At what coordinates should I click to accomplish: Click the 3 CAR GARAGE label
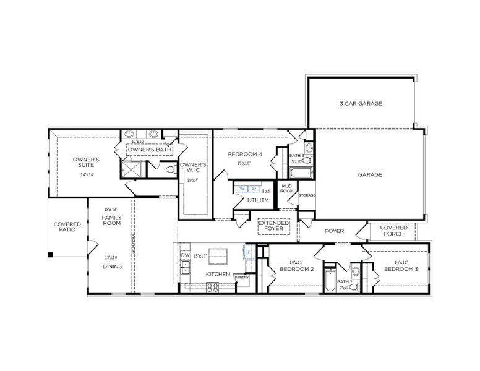(361, 104)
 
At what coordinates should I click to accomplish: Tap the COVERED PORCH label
(393, 231)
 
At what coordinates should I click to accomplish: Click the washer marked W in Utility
(243, 187)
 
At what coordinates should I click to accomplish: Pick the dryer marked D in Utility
(254, 187)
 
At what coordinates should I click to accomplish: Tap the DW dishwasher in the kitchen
(185, 255)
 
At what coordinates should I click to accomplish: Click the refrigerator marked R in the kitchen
(247, 252)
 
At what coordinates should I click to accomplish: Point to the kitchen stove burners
(212, 286)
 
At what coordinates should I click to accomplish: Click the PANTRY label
(241, 278)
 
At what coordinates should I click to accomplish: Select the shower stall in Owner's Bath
(131, 168)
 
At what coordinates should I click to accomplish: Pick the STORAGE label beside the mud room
(307, 195)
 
